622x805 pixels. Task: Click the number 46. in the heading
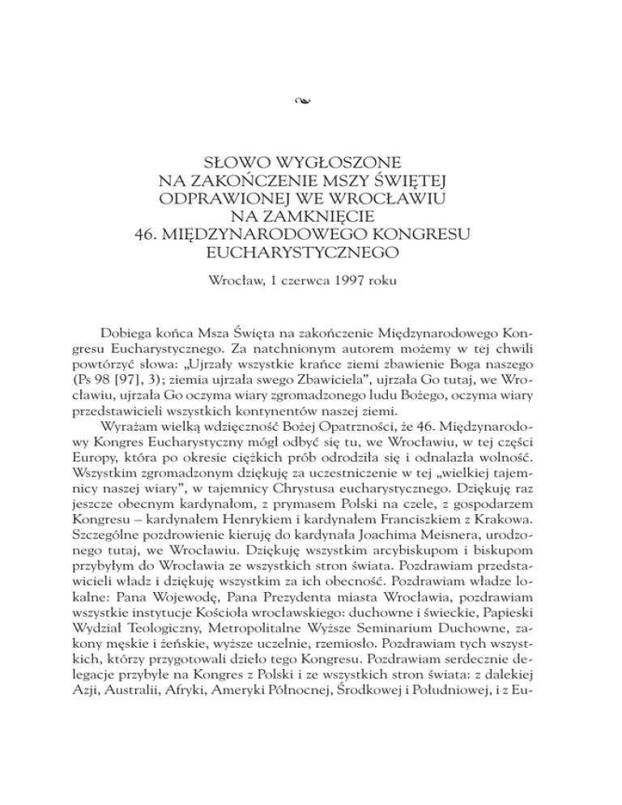point(149,236)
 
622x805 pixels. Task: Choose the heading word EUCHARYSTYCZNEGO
point(311,258)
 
